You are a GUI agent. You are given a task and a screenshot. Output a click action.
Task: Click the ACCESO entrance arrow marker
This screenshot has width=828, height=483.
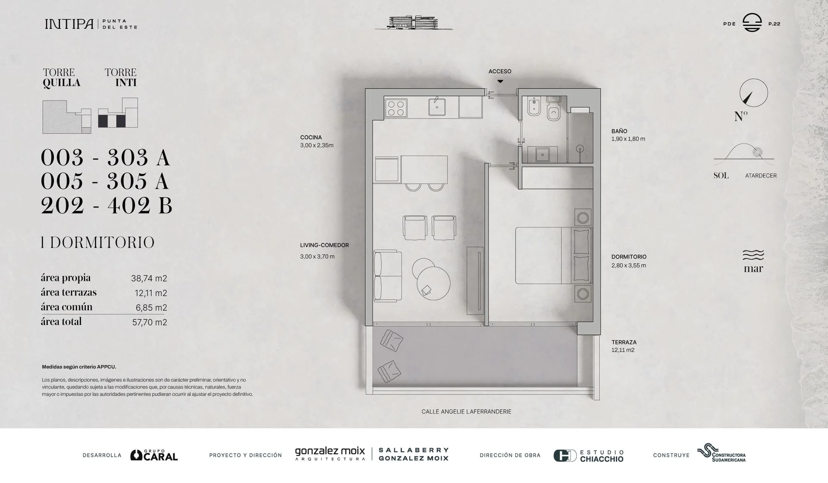point(500,81)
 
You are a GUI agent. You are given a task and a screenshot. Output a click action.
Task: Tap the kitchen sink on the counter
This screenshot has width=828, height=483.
point(437,107)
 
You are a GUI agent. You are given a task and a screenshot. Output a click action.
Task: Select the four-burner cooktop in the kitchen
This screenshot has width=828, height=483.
point(396,108)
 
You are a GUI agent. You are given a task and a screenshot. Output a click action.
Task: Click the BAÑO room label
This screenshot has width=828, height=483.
point(619,131)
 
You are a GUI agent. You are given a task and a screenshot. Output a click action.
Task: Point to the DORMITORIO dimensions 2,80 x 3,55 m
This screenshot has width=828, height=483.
point(628,265)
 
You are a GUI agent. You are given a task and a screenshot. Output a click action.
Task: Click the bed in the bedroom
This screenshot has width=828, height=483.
point(553,256)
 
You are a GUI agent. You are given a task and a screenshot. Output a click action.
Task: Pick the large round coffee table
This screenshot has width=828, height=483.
point(433,283)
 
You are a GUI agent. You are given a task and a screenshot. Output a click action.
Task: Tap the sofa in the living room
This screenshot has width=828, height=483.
point(388,276)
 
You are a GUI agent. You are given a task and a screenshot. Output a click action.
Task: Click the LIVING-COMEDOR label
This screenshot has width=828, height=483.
point(324,245)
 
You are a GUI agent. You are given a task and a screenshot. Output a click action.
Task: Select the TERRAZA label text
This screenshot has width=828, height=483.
point(624,342)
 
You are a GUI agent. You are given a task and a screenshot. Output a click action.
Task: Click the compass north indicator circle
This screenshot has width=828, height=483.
point(754,93)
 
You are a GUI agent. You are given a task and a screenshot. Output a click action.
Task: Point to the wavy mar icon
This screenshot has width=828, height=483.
point(753,255)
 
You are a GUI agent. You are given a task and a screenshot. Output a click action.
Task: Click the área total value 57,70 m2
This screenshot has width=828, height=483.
point(150,322)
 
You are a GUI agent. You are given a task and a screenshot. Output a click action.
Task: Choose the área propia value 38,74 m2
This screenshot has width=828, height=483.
point(149,278)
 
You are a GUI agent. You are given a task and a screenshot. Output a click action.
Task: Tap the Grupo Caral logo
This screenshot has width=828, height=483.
point(154,455)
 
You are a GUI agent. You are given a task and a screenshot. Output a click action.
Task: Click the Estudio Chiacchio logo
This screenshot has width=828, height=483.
point(589,456)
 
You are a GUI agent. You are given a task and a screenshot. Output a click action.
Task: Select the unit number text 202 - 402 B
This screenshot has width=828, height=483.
point(107,205)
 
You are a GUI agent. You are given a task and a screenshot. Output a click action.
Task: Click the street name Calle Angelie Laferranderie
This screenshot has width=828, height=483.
point(466,411)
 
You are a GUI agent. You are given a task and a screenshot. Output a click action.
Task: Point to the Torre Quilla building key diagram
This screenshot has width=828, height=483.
point(67,117)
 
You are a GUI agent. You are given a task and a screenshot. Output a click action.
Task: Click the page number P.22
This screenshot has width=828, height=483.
point(774,24)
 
